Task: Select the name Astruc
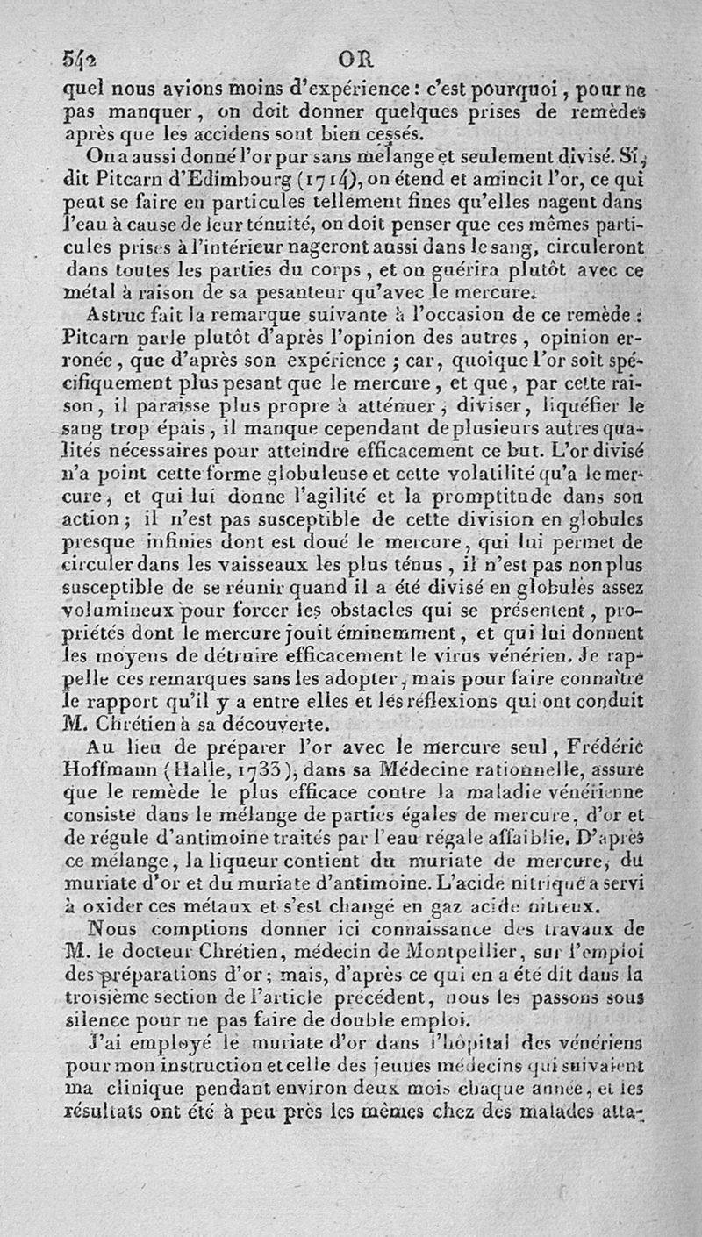[121, 312]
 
